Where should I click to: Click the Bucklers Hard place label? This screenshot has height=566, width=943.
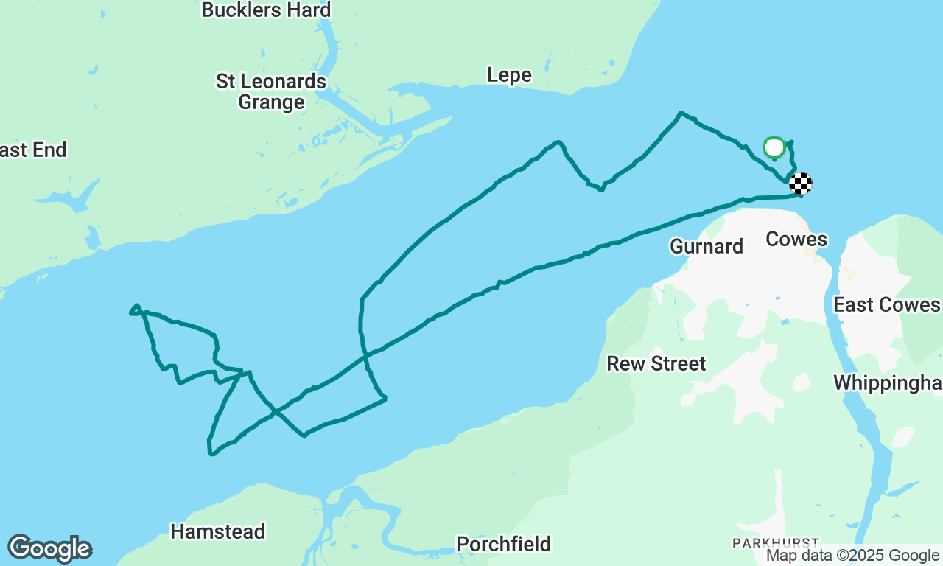(266, 10)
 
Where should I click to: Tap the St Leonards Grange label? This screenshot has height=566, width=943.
(271, 91)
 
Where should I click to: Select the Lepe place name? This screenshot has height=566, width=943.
(509, 75)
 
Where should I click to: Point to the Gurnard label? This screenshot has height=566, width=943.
(707, 246)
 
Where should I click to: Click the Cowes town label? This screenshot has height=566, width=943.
(796, 240)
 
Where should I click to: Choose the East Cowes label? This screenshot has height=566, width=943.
(886, 305)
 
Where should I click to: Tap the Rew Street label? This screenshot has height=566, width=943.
(656, 363)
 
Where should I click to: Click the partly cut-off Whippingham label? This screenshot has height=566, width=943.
(888, 382)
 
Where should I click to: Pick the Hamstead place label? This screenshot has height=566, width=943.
(217, 531)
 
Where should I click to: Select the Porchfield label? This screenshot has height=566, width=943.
(503, 544)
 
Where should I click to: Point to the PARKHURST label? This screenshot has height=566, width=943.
(775, 543)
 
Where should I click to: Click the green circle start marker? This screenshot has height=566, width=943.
(774, 147)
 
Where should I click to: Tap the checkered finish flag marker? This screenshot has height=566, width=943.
(801, 183)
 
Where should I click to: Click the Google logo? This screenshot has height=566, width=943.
(49, 549)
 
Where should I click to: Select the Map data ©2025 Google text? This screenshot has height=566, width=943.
(852, 556)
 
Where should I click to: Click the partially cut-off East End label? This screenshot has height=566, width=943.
(33, 150)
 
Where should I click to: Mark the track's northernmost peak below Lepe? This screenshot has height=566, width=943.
(681, 113)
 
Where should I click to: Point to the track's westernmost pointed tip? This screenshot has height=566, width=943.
(132, 312)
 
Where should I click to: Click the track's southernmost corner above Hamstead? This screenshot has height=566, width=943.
(211, 453)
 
